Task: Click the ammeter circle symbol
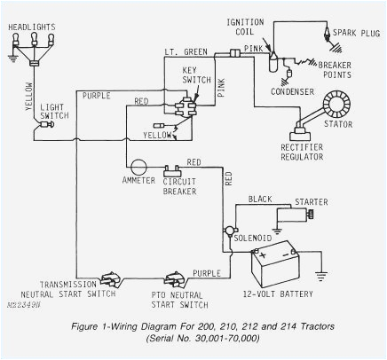click(138, 167)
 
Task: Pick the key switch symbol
click(189, 106)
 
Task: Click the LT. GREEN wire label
click(186, 52)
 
